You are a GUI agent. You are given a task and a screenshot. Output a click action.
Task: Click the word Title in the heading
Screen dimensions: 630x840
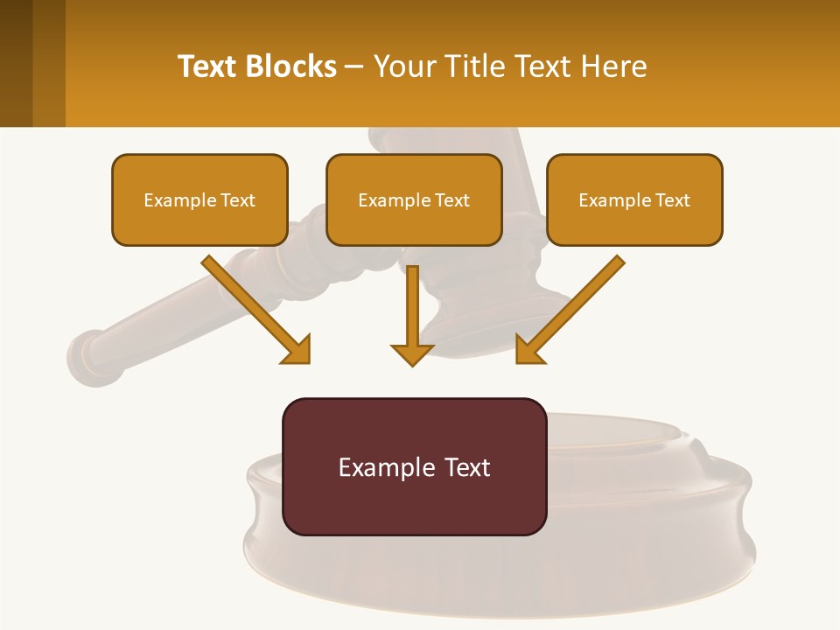pos(478,66)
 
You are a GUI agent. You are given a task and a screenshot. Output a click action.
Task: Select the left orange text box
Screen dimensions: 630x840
pos(199,200)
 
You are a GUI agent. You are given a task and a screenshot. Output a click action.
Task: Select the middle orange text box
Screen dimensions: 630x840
pos(414,200)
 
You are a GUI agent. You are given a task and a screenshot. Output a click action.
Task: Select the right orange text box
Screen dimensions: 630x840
pos(634,200)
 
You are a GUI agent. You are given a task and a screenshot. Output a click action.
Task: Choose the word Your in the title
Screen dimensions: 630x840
pos(405,66)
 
